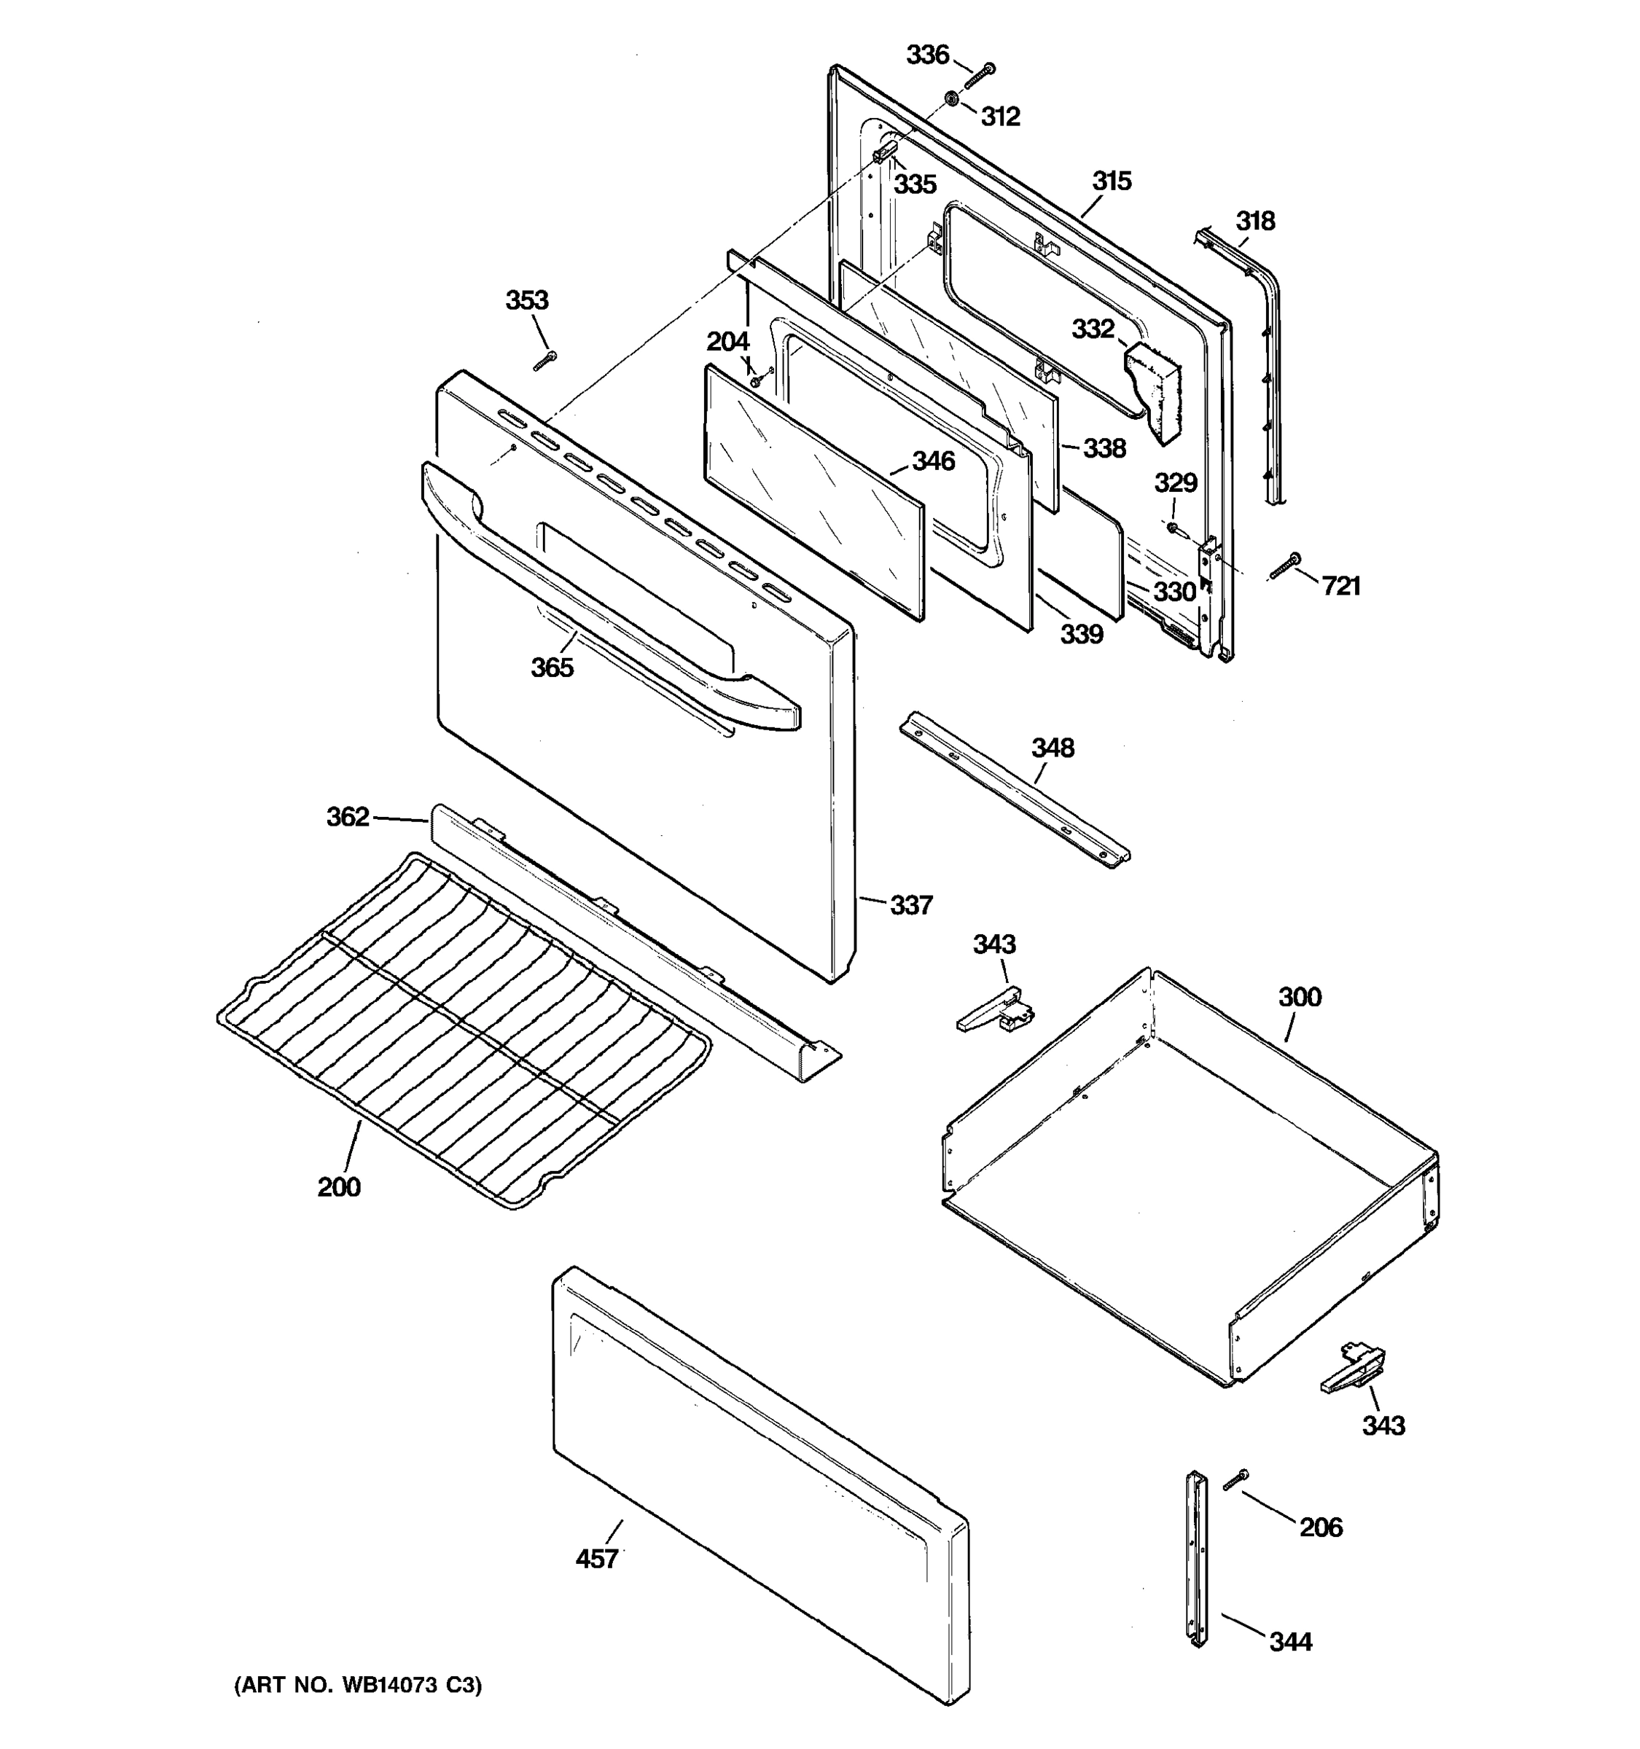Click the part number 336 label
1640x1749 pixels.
tap(927, 55)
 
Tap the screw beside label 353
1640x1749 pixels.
tap(545, 360)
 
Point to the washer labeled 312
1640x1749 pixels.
tap(952, 98)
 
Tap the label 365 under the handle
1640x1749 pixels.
tap(552, 668)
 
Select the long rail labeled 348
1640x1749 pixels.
tap(1014, 790)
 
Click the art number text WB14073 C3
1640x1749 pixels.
tap(358, 1685)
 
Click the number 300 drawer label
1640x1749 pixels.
tap(1300, 997)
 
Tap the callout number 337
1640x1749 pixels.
tap(910, 904)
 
